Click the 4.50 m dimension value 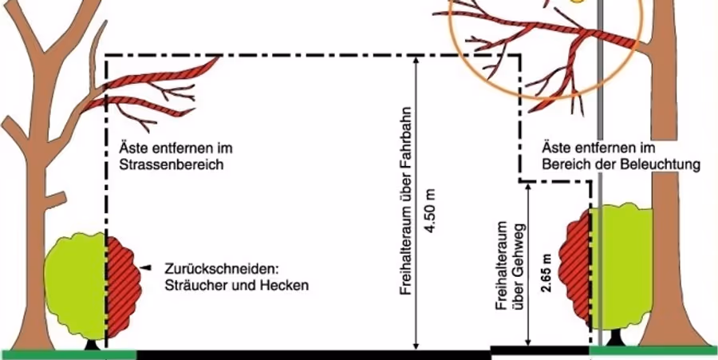tap(431, 210)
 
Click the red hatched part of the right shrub tap(578, 268)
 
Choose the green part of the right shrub tap(621, 268)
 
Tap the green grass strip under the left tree tap(69, 355)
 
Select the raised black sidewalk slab tap(540, 351)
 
